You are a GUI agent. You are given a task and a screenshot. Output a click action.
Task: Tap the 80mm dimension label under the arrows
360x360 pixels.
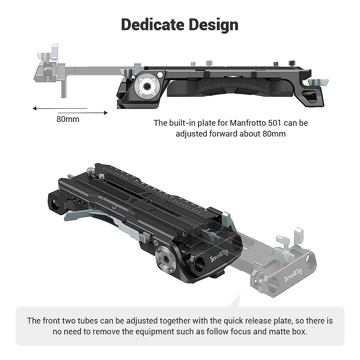click(x=68, y=119)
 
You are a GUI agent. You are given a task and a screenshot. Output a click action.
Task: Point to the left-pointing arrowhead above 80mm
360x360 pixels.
click(x=35, y=108)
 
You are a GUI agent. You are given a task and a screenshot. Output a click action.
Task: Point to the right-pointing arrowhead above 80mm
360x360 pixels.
click(x=105, y=113)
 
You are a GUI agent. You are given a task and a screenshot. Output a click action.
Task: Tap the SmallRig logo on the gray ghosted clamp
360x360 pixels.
click(x=293, y=275)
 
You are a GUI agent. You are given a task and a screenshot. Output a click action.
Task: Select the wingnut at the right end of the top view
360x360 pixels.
click(x=319, y=82)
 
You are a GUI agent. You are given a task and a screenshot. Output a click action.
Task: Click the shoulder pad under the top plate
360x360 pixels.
click(x=231, y=88)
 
